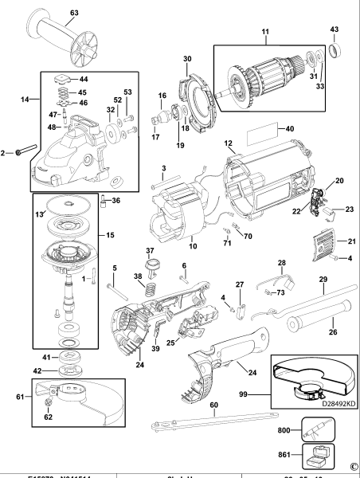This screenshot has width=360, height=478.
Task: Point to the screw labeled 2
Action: tap(24, 149)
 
